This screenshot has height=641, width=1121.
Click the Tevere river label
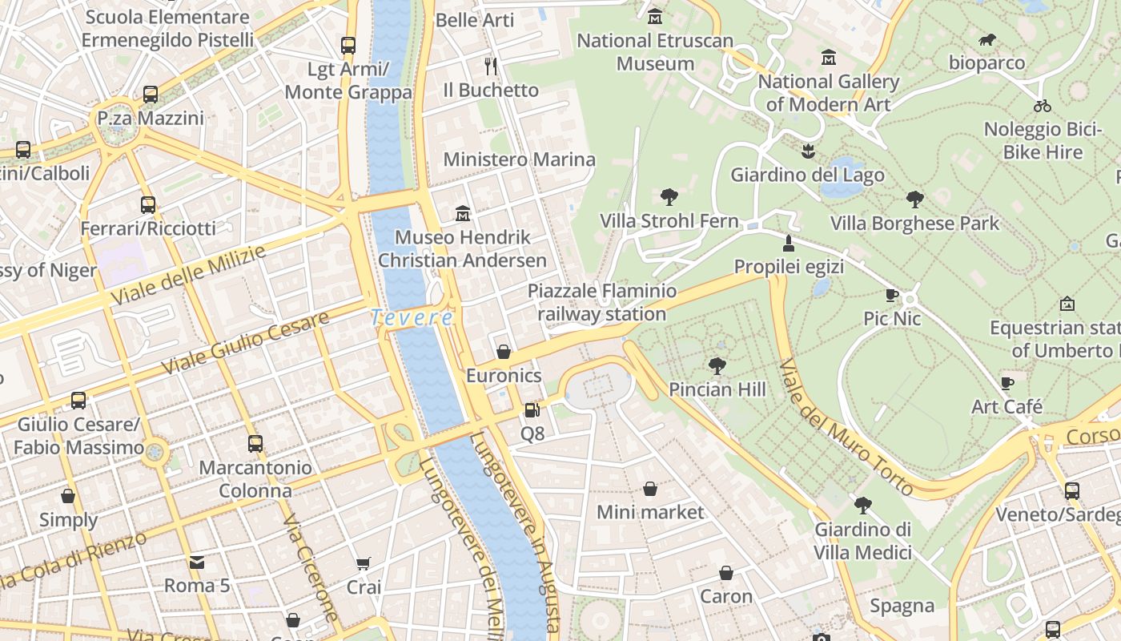412,317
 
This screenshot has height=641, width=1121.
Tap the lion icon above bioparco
987,39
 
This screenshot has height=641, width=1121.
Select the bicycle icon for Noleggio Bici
1042,105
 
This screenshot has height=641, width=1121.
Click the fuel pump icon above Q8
532,410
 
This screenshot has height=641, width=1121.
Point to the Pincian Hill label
717,389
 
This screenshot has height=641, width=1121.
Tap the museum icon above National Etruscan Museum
655,16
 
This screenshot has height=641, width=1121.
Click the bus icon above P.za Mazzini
151,95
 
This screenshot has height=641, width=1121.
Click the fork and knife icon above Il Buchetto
491,66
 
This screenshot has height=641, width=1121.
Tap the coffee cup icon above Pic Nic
892,295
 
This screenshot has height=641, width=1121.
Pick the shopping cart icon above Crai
364,564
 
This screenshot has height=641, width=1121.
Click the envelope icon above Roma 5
197,562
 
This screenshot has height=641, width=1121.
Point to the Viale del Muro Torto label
846,428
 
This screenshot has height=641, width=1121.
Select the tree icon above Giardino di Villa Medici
862,505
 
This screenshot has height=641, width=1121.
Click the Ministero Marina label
519,159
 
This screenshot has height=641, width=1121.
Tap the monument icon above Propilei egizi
789,243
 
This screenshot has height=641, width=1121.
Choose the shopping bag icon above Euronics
504,352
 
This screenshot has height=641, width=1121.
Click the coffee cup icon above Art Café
1007,383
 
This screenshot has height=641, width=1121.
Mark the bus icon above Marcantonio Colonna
255,443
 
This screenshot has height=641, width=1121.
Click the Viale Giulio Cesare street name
245,343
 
